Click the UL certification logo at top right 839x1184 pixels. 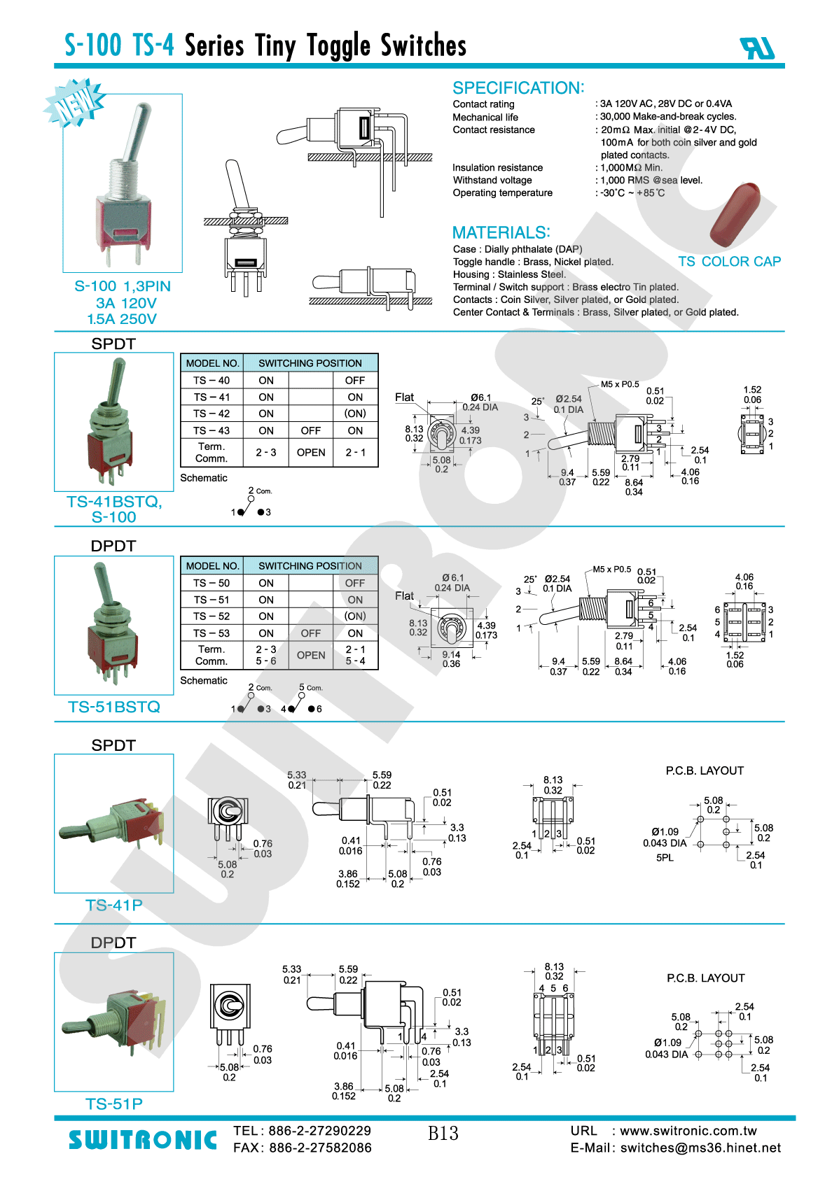click(x=758, y=48)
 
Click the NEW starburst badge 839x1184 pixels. click(x=74, y=103)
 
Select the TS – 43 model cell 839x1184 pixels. click(x=212, y=430)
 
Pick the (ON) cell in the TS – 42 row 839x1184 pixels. click(x=355, y=414)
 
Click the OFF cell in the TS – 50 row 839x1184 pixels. click(x=355, y=583)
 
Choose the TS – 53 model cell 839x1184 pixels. click(x=212, y=633)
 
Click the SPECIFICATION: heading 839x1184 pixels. click(x=518, y=87)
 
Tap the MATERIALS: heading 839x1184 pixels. click(x=501, y=232)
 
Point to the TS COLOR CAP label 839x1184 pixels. click(x=730, y=262)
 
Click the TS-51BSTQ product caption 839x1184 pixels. click(x=113, y=707)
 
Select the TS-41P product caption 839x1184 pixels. click(x=113, y=905)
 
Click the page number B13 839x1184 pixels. click(x=443, y=1133)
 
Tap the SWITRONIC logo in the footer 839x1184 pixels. click(x=143, y=1140)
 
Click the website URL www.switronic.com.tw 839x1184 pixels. click(x=688, y=1131)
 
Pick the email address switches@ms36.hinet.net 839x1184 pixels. click(x=700, y=1148)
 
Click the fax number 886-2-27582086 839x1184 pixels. click(x=320, y=1148)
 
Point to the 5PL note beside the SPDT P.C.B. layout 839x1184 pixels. click(x=665, y=857)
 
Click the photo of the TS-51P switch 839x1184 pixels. click(x=113, y=1022)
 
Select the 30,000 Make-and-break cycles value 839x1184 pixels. click(x=667, y=116)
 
